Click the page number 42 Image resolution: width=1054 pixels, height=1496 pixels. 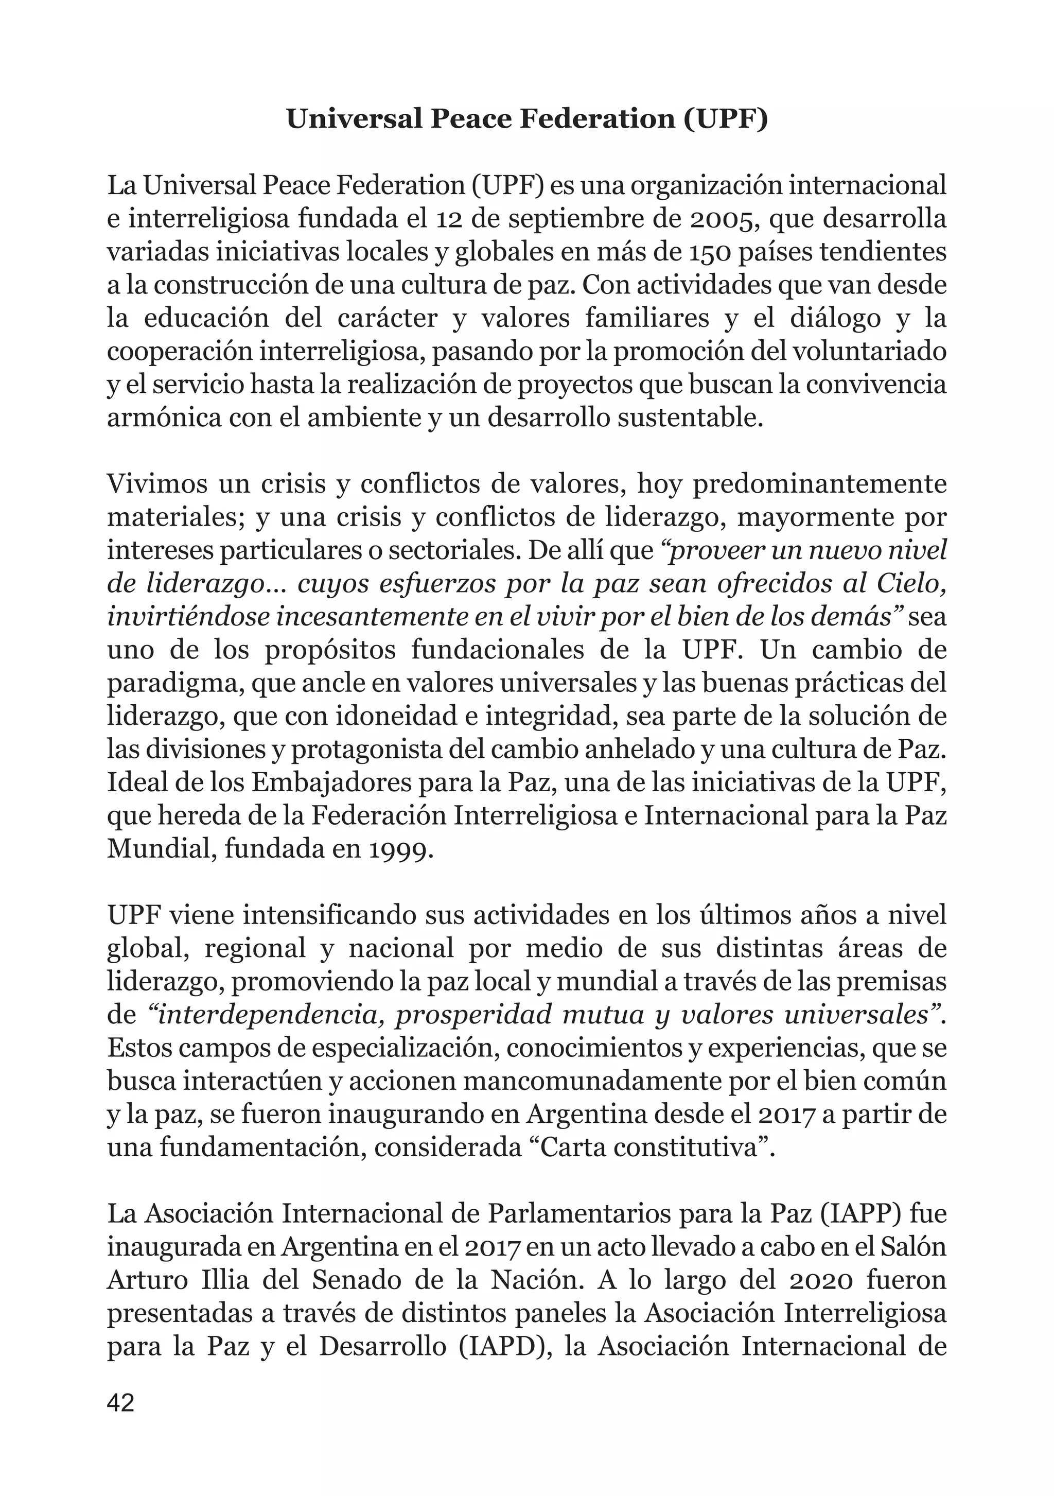(x=120, y=1402)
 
